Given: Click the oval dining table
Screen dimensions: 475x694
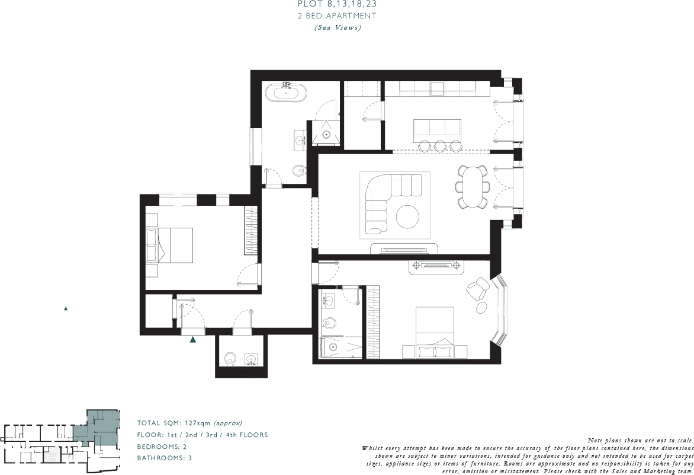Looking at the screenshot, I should pyautogui.click(x=472, y=187).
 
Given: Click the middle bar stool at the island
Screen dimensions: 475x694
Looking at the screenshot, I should pyautogui.click(x=440, y=146).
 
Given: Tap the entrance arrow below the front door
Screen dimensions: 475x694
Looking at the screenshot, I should pyautogui.click(x=193, y=340).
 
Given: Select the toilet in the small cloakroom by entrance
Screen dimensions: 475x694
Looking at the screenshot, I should pyautogui.click(x=230, y=358).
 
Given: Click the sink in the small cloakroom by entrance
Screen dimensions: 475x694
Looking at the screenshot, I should pyautogui.click(x=251, y=359).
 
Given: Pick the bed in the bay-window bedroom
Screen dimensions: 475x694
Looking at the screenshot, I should pyautogui.click(x=435, y=332).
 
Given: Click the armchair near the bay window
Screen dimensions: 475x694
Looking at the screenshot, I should pyautogui.click(x=478, y=291).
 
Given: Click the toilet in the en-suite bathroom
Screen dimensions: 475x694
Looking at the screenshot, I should pyautogui.click(x=329, y=324).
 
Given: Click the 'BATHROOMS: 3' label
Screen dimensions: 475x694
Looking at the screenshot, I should pyautogui.click(x=165, y=458).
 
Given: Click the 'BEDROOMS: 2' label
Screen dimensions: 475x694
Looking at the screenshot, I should pyautogui.click(x=162, y=447).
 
